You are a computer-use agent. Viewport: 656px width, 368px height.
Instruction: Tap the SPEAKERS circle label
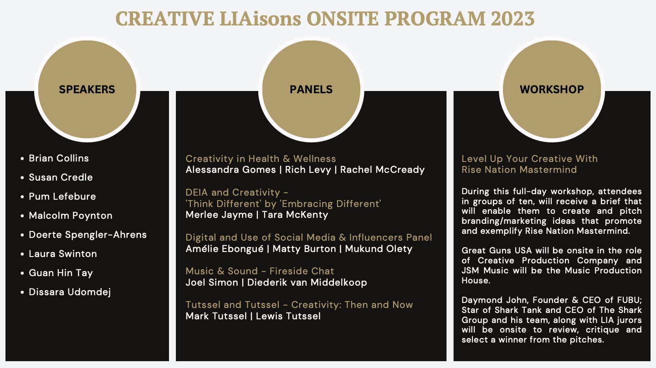tap(87, 90)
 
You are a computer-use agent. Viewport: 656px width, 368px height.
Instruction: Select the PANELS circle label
tap(311, 90)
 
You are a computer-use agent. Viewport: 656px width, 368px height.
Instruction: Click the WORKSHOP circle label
tap(552, 90)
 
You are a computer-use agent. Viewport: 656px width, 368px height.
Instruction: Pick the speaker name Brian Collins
tap(59, 158)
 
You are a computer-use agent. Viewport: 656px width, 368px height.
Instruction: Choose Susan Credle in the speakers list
tap(61, 177)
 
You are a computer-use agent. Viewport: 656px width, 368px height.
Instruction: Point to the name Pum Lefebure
tap(62, 197)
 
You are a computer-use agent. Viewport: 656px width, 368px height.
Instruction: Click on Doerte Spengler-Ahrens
tap(87, 235)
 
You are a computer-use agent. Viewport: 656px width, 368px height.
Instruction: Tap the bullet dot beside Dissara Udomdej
tap(22, 292)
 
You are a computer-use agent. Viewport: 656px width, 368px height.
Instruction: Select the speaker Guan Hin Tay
tap(61, 273)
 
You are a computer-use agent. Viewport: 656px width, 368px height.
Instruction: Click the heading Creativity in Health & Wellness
tap(261, 159)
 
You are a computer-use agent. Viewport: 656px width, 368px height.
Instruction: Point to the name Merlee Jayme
tap(219, 215)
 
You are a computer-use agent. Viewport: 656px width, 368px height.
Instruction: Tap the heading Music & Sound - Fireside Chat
tap(260, 271)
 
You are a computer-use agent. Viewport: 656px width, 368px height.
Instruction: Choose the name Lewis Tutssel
tap(288, 316)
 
